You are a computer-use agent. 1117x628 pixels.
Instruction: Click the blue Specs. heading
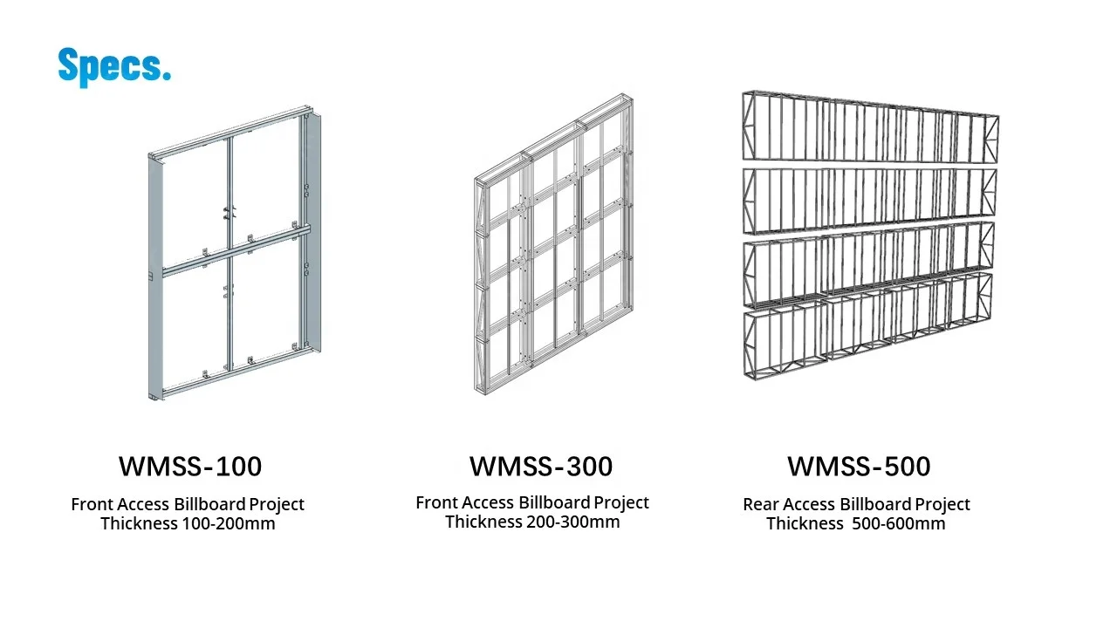tap(113, 66)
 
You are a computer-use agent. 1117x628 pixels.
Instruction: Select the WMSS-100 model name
tap(190, 467)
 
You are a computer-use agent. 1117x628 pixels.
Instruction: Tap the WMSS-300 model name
tap(540, 467)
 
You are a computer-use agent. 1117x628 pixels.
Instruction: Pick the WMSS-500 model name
tap(859, 467)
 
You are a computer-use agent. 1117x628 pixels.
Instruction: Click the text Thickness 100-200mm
tap(188, 523)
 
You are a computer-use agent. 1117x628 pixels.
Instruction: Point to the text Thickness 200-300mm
tap(532, 522)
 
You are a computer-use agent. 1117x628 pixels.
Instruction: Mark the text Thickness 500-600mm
tap(856, 523)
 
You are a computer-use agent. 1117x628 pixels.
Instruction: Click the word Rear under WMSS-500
tap(761, 504)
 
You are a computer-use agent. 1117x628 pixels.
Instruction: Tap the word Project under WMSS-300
tap(621, 502)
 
